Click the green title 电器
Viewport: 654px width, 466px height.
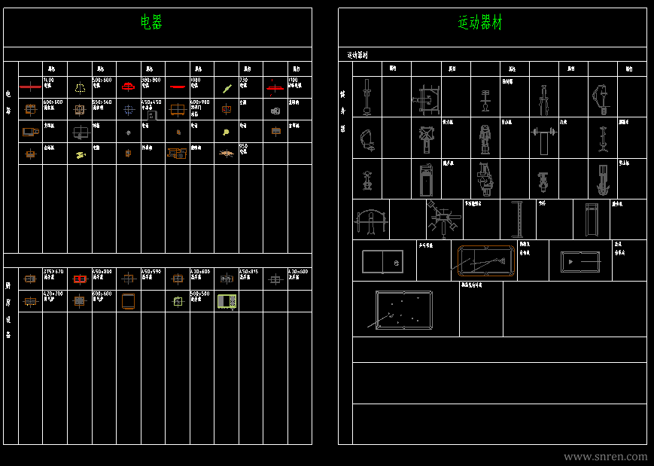151,23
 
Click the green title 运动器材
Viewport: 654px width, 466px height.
480,23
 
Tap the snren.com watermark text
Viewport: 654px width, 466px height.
605,456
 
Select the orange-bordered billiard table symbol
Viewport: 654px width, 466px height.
485,260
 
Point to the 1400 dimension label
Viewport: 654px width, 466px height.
49,79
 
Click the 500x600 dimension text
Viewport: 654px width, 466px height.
102,79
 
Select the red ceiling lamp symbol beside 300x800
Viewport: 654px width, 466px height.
128,86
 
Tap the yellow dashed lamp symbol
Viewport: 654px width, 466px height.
79,87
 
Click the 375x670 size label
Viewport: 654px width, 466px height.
53,271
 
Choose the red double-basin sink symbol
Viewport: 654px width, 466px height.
79,279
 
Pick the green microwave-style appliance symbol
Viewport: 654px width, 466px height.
227,301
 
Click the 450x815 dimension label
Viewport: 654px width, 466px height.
248,271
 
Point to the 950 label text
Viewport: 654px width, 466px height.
243,146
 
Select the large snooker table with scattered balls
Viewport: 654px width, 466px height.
405,309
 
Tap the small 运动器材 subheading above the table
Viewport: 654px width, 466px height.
357,55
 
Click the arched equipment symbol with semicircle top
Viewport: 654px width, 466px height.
370,220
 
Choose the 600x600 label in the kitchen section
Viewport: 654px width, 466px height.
102,294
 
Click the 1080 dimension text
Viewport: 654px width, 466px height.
196,79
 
